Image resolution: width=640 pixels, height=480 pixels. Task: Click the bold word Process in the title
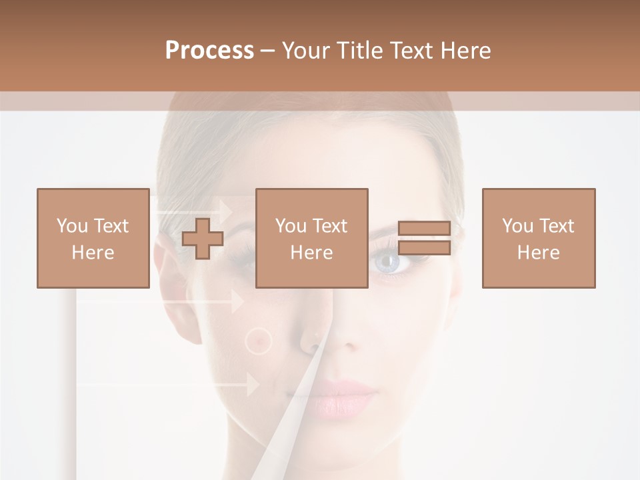click(x=209, y=51)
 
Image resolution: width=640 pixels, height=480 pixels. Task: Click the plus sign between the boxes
click(x=203, y=239)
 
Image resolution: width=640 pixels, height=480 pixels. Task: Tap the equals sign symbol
click(x=424, y=238)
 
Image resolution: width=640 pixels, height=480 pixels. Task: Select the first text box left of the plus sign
click(x=93, y=238)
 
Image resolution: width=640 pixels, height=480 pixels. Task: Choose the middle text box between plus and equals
click(x=311, y=238)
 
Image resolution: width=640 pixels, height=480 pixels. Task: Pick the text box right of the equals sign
click(x=538, y=238)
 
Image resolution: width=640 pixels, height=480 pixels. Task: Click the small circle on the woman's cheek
click(x=259, y=341)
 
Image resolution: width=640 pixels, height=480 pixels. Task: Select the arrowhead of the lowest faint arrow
click(x=253, y=385)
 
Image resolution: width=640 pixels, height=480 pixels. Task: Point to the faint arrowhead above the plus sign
click(x=226, y=211)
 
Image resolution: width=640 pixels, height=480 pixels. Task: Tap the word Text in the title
click(x=411, y=51)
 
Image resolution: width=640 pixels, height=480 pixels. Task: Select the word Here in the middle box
click(x=311, y=253)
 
